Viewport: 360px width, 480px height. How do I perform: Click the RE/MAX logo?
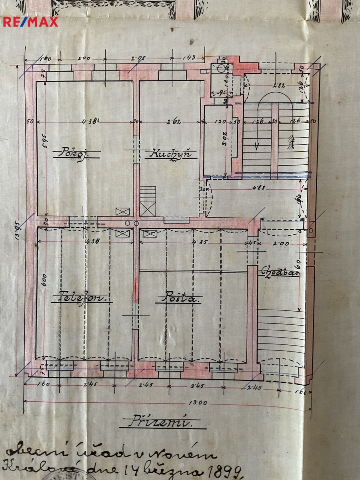click(30, 22)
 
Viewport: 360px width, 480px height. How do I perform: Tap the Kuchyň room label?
click(170, 154)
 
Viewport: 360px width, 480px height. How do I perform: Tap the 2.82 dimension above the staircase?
click(280, 85)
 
